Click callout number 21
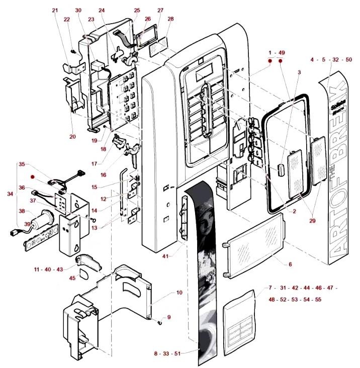click(x=55, y=10)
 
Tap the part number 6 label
click(x=290, y=264)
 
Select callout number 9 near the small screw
click(x=169, y=317)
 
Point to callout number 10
click(x=179, y=292)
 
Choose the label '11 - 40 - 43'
click(x=49, y=270)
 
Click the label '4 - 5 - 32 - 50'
click(x=331, y=59)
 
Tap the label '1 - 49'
click(x=277, y=52)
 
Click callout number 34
click(x=10, y=193)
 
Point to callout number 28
click(x=170, y=19)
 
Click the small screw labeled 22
click(x=72, y=51)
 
